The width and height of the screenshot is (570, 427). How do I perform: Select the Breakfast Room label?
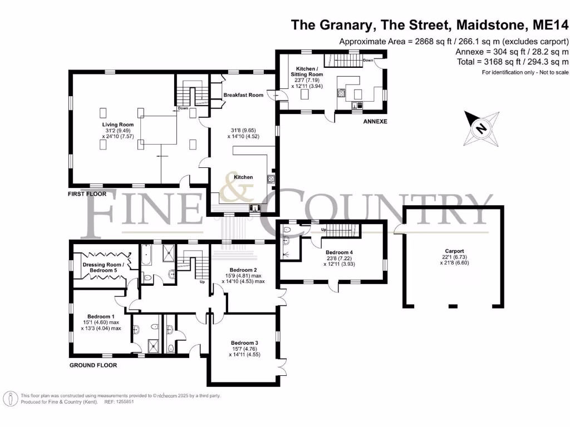pyautogui.click(x=243, y=95)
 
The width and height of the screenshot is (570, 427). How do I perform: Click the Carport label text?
pyautogui.click(x=454, y=251)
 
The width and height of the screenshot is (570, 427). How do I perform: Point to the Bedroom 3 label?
pyautogui.click(x=245, y=342)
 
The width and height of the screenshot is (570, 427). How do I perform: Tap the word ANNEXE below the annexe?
pyautogui.click(x=375, y=121)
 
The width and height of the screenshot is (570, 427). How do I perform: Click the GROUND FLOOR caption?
pyautogui.click(x=93, y=365)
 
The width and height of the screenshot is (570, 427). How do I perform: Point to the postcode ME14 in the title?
pyautogui.click(x=551, y=25)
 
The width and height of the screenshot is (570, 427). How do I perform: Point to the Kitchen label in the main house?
pyautogui.click(x=243, y=177)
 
